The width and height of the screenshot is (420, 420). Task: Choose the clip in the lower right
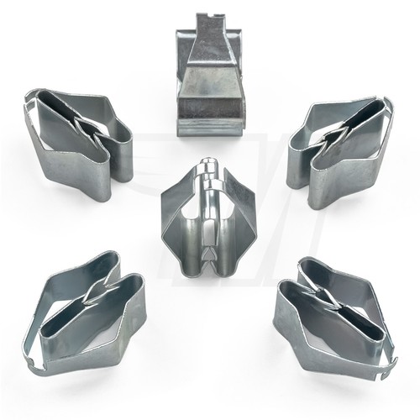pos(336,311)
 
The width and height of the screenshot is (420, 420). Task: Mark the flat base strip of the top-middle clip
pos(207,126)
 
